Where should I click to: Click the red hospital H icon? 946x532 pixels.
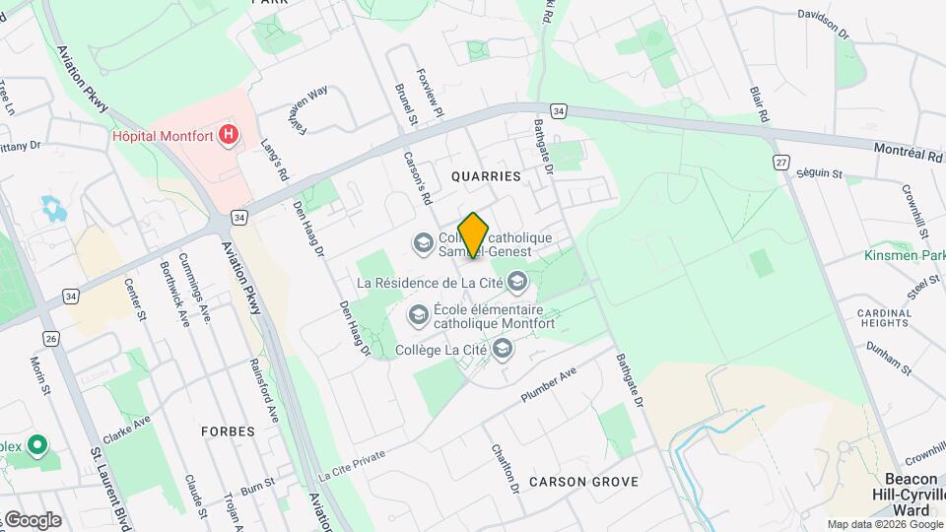point(229,133)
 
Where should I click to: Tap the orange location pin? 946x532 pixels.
point(474,234)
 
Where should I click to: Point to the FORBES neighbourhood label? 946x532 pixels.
point(228,432)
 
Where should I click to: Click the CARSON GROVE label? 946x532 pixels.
point(583,482)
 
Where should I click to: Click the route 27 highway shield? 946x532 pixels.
point(781,163)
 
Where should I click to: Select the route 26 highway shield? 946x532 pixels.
point(51,338)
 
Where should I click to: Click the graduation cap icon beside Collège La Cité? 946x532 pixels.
point(503,348)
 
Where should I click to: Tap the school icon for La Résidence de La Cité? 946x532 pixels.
point(517,283)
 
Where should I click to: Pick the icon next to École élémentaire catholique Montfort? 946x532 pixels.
point(418,314)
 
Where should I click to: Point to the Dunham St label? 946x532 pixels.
point(888,353)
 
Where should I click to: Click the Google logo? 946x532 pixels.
point(32,519)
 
